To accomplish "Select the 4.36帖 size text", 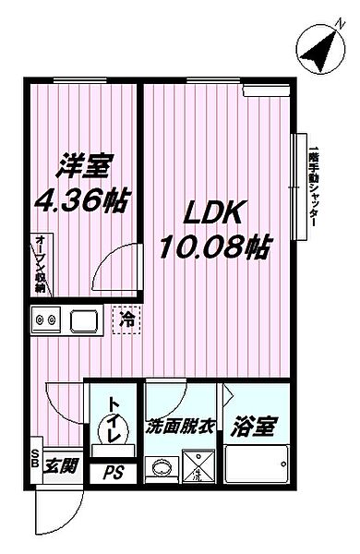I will click(x=82, y=199).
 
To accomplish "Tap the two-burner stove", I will click(x=44, y=322).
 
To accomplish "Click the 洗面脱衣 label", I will click(x=180, y=428).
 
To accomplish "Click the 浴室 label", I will click(x=254, y=428).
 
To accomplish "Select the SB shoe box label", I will click(x=35, y=459).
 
